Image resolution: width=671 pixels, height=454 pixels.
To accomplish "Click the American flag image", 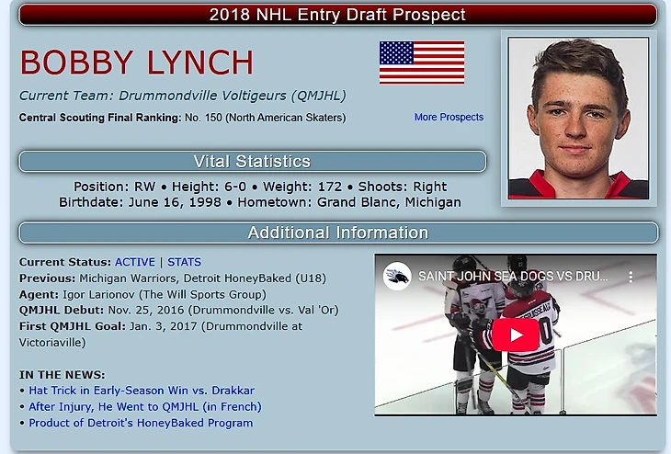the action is click(x=422, y=62).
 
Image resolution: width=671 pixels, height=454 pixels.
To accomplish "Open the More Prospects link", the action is click(x=449, y=117).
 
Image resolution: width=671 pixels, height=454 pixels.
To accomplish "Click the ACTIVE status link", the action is click(x=135, y=262).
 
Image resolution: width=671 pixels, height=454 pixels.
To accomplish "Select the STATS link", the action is click(x=184, y=262).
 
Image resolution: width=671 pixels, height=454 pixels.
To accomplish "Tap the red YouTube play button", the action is click(x=516, y=335).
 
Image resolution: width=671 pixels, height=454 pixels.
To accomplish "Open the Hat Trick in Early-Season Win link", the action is click(x=142, y=391).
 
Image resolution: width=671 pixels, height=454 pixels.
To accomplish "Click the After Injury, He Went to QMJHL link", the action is click(x=145, y=406).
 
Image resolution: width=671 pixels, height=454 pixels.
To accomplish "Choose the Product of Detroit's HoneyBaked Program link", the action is click(x=141, y=423).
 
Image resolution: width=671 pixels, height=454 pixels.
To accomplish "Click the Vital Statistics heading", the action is click(x=252, y=162).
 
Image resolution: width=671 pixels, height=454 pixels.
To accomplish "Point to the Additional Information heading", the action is click(x=338, y=233).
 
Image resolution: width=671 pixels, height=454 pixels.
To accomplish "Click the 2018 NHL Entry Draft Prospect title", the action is click(x=337, y=15).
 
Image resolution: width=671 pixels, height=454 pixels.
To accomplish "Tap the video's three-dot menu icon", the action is click(x=631, y=277).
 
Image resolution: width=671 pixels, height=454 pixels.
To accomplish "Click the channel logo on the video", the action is click(x=397, y=276).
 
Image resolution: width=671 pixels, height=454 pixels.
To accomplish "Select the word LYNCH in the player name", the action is click(x=200, y=62).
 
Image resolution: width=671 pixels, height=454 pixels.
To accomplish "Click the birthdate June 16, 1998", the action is click(x=175, y=202).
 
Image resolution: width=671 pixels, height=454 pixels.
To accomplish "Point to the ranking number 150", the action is click(x=213, y=118).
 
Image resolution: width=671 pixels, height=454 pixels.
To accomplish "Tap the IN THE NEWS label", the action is click(x=63, y=375).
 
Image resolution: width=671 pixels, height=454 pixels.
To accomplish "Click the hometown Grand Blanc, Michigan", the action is click(x=389, y=202).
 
